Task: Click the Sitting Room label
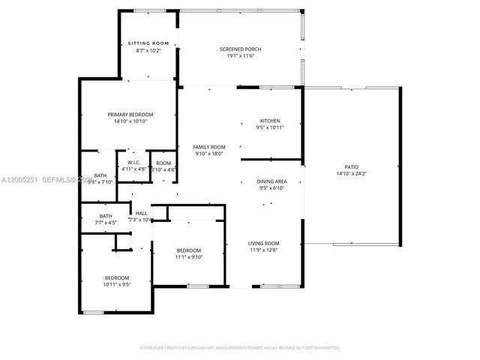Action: point(148,43)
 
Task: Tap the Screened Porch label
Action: point(240,49)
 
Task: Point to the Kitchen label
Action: point(270,121)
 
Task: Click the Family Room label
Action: point(209,147)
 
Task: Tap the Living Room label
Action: point(264,243)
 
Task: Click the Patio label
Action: point(352,166)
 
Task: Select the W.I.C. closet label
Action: point(134,163)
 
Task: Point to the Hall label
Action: point(141,213)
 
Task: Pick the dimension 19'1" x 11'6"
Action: point(240,56)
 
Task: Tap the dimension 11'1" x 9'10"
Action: point(189,257)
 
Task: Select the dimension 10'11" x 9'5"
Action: point(117,284)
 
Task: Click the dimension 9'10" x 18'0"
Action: point(209,154)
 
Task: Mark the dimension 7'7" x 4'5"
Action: point(106,222)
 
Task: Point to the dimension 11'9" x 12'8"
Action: point(264,250)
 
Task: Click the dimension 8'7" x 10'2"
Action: point(148,50)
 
